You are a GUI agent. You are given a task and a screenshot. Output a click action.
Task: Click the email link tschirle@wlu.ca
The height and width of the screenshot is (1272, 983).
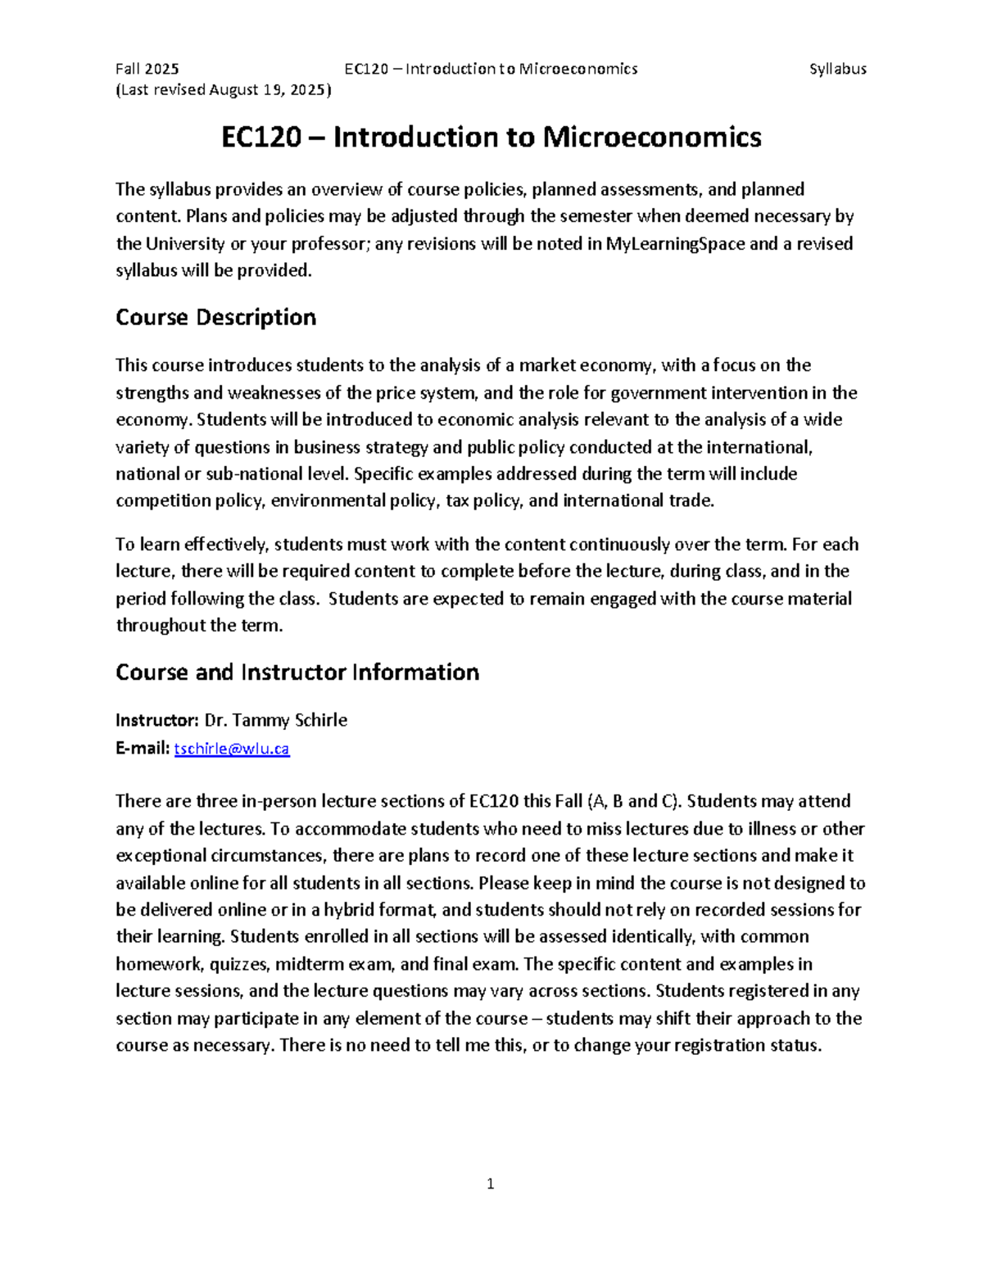point(232,749)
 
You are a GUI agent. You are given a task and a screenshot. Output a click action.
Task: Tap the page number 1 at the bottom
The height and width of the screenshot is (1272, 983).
point(490,1184)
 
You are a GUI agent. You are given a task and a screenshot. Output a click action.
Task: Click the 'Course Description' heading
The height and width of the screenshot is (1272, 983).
point(215,318)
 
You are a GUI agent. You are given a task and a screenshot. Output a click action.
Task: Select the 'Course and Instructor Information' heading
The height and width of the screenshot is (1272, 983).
point(297,672)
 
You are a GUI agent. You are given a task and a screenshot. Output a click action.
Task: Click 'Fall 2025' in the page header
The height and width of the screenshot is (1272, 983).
point(147,69)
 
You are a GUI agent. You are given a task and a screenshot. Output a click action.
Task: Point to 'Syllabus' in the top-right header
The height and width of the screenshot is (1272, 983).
point(837,69)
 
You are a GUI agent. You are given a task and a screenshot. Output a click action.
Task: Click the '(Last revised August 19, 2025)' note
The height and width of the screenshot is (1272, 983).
point(223,90)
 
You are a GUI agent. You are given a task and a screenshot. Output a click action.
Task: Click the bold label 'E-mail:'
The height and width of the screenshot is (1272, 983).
point(143,749)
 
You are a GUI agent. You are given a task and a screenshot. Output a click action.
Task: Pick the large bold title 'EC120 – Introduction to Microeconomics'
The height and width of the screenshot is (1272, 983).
point(491,138)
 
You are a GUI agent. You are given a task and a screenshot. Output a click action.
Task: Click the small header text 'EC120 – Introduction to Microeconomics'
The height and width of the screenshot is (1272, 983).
point(491,69)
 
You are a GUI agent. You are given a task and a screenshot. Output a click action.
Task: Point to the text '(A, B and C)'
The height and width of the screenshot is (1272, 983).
point(635,801)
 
